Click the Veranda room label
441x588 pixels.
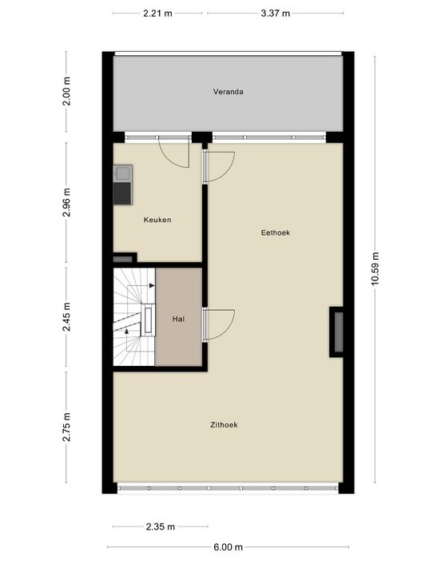pos(228,92)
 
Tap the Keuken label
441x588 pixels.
pos(157,220)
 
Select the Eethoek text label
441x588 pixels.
pos(276,232)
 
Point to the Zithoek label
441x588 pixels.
pos(224,425)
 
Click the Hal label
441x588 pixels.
pos(178,319)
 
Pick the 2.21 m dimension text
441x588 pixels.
pos(157,14)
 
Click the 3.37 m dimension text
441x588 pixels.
pos(276,14)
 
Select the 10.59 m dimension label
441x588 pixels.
pos(375,268)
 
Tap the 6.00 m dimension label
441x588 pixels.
pos(228,547)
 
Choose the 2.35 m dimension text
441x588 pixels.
pos(161,526)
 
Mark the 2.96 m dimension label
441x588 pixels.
pos(67,202)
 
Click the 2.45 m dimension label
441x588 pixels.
pos(67,317)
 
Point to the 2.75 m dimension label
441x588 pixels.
pos(67,427)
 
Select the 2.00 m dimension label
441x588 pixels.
pos(67,91)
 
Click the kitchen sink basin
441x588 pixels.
pos(122,173)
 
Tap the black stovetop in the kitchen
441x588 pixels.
pos(122,193)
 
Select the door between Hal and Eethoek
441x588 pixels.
pos(219,324)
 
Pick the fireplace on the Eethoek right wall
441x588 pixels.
pos(337,332)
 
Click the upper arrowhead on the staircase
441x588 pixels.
pos(152,286)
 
